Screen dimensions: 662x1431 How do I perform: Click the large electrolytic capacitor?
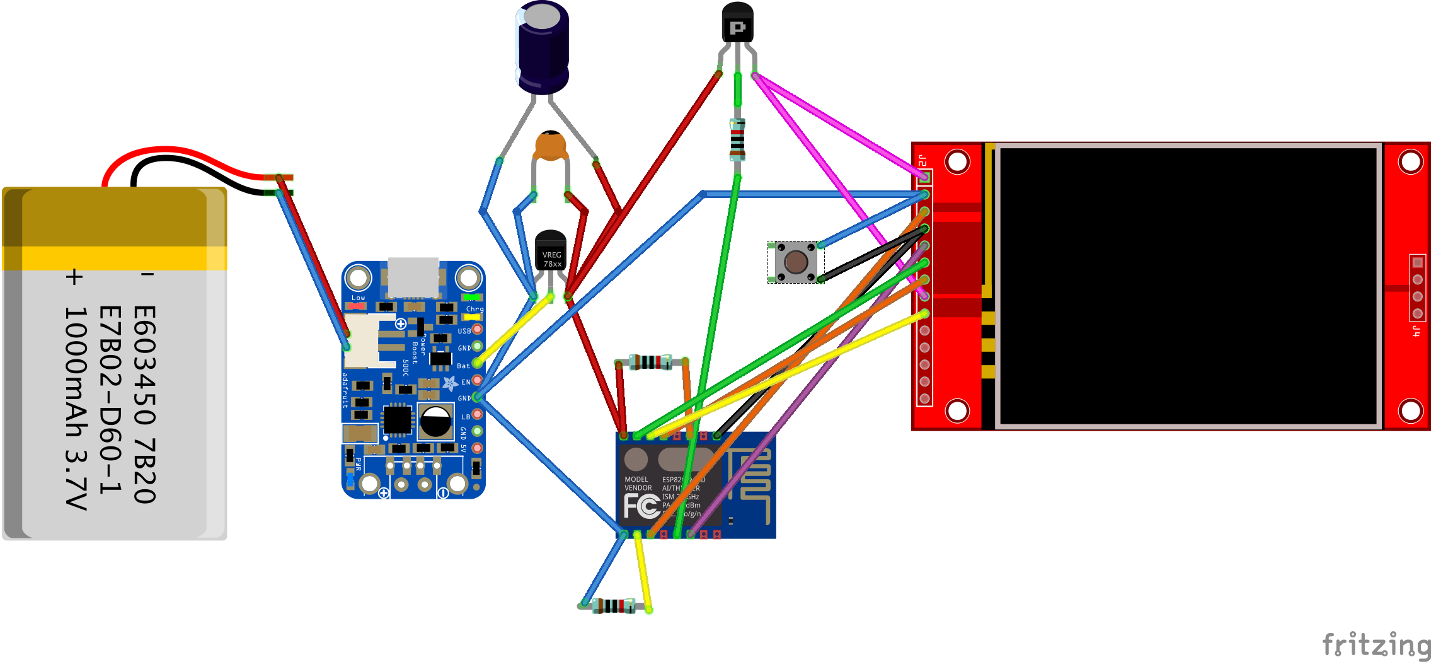[543, 47]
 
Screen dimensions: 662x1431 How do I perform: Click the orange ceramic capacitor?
[551, 146]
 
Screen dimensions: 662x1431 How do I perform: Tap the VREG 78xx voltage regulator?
[551, 252]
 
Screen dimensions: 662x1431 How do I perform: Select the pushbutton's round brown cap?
[796, 262]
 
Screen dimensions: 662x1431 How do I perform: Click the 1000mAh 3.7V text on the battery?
[76, 407]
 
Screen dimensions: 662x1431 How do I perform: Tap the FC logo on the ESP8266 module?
[641, 506]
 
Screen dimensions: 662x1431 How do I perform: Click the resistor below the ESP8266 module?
[614, 606]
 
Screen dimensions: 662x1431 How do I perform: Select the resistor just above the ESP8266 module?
[651, 362]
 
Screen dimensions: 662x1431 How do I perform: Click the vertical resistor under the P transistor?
[737, 140]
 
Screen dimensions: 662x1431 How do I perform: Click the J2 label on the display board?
[922, 160]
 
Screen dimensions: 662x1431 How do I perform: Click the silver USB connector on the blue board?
[413, 277]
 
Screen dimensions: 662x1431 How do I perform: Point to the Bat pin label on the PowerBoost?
[463, 366]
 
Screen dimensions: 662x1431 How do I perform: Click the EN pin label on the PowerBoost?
[465, 382]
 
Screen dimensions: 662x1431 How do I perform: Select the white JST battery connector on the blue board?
[362, 340]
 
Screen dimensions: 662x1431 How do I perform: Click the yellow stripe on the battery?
[113, 258]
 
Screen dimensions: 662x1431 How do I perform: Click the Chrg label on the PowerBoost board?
[474, 309]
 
